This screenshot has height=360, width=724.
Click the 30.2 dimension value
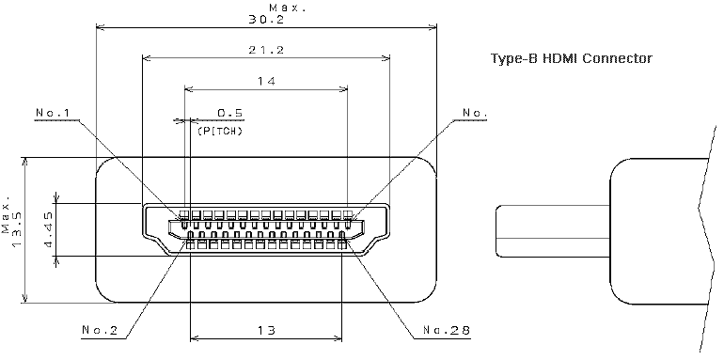pos(266,20)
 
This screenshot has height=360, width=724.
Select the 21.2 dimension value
pos(266,50)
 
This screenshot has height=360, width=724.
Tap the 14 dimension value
pos(266,81)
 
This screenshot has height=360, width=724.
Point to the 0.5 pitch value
pos(230,113)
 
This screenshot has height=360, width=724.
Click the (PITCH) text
pos(220,131)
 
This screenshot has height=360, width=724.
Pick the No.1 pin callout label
pos(52,113)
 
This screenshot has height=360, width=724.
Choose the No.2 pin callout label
pos(100,330)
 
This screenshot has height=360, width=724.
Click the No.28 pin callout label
pos(447,330)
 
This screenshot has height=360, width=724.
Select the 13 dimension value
pos(266,330)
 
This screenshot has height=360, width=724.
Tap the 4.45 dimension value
pos(50,229)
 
